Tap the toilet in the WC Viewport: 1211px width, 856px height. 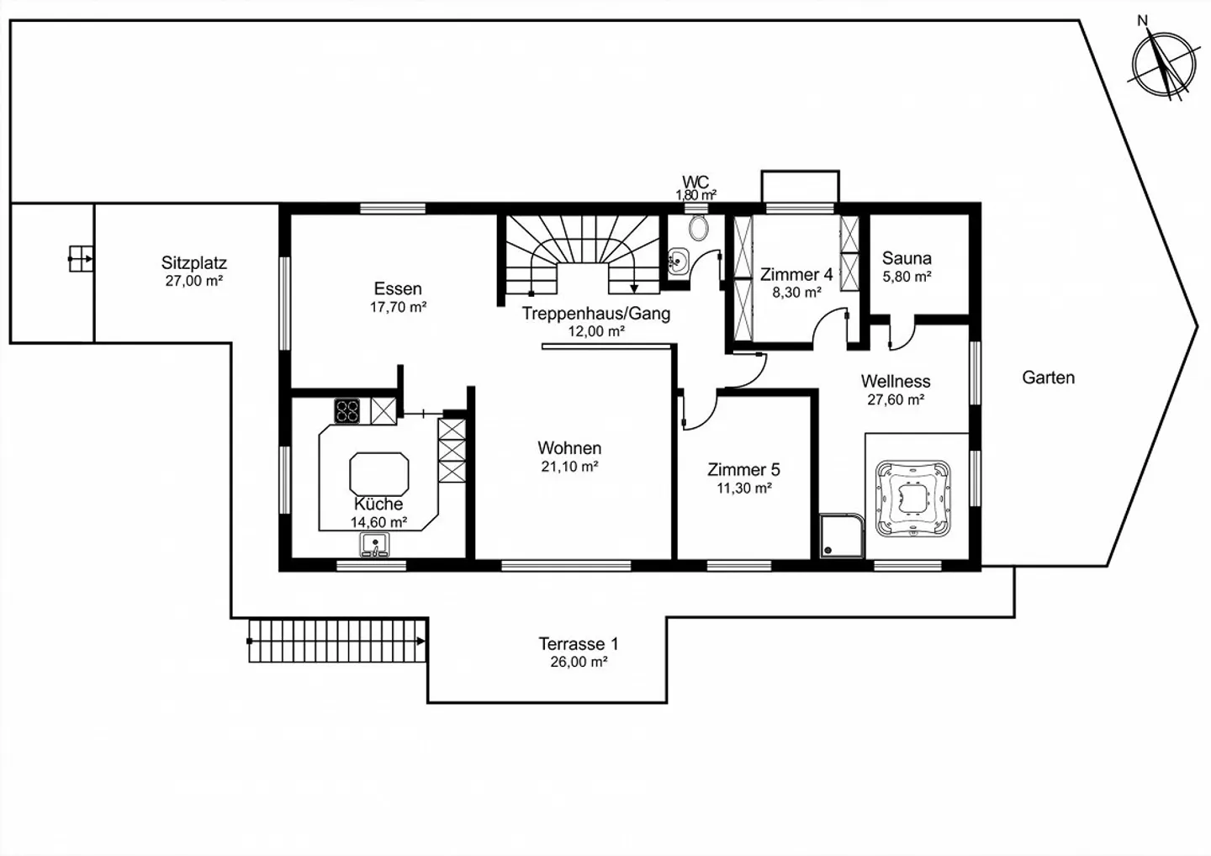(697, 227)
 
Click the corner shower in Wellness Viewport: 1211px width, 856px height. (842, 536)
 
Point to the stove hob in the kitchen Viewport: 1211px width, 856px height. (347, 411)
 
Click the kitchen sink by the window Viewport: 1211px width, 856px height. (374, 546)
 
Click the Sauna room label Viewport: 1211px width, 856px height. (907, 259)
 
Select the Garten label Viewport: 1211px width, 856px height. (1048, 378)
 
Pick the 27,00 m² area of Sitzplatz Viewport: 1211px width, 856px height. (193, 282)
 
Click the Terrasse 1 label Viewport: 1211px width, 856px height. (578, 644)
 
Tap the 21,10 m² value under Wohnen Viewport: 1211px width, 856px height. (569, 467)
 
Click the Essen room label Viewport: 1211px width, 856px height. (398, 289)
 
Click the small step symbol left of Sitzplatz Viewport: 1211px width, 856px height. (80, 258)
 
